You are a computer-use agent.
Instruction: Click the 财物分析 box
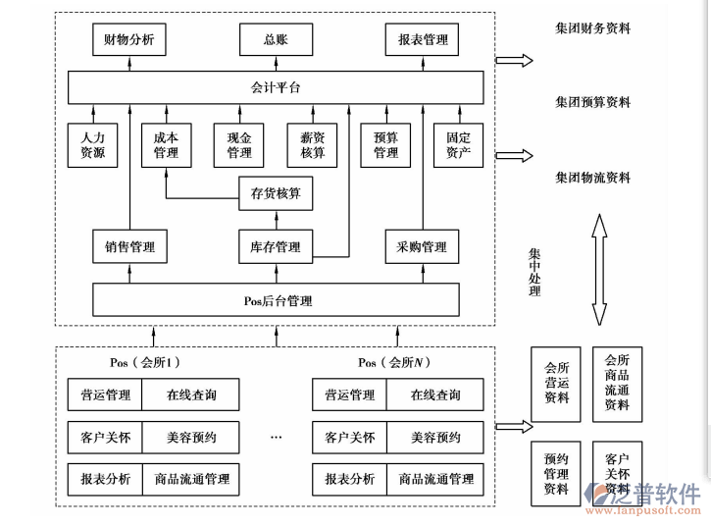coord(128,40)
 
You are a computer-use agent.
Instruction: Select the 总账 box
coord(276,40)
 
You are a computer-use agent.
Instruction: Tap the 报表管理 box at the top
coord(423,40)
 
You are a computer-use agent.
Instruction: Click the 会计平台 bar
coord(276,88)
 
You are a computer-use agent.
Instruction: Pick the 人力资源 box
coord(92,145)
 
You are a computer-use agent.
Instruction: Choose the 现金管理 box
coord(239,145)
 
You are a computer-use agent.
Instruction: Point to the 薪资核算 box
coord(312,145)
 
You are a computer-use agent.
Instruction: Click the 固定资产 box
coord(458,145)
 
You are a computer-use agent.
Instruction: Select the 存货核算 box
coord(276,193)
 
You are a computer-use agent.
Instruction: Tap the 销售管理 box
coord(128,246)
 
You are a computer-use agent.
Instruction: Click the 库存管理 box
coord(276,246)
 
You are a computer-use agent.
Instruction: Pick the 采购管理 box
coord(423,246)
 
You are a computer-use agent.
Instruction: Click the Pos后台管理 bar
coord(276,298)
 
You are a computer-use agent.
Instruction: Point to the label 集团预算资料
coord(592,102)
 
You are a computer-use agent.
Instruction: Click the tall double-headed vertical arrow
coord(597,270)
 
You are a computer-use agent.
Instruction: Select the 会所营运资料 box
coord(556,384)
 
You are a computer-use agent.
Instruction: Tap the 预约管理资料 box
coord(556,474)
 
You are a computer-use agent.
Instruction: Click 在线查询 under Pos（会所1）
coord(191,394)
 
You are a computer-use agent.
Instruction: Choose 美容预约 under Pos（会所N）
coord(435,437)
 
